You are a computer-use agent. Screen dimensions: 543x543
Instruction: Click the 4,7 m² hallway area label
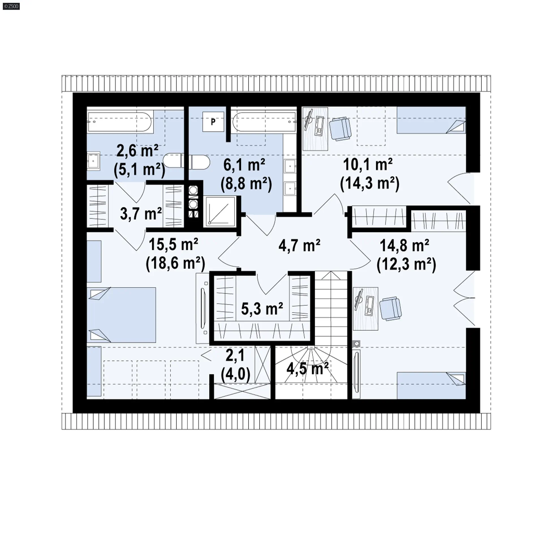tap(299, 245)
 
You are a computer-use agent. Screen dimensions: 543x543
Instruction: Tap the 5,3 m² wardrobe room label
tap(262, 309)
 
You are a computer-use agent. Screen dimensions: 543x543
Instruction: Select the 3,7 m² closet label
tap(141, 214)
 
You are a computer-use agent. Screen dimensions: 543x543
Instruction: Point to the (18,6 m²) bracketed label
tap(175, 264)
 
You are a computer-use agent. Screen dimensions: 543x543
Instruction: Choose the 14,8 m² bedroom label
tap(404, 245)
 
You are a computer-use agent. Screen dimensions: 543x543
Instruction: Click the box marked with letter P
tap(213, 122)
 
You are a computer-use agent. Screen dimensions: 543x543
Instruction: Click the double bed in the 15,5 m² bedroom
tap(121, 315)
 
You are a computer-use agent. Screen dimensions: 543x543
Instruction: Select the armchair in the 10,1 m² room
tap(341, 129)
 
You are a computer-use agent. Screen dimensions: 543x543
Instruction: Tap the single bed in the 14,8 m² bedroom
tap(431, 385)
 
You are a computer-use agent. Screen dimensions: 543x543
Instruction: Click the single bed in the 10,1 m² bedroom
tap(431, 120)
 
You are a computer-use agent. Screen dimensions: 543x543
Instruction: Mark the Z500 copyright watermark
tap(11, 6)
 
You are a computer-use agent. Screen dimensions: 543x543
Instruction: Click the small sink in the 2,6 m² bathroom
tap(93, 161)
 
